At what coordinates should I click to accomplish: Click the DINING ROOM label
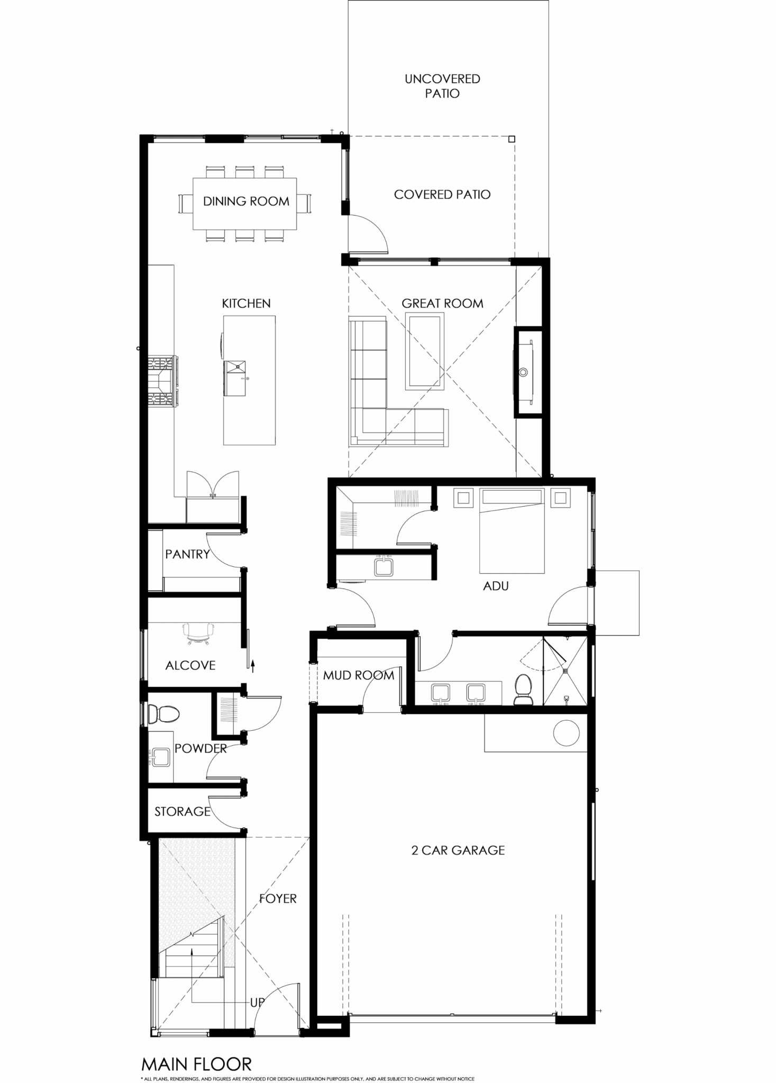pyautogui.click(x=246, y=201)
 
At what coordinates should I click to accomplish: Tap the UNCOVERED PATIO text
pyautogui.click(x=442, y=86)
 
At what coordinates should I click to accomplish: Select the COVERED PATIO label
pyautogui.click(x=442, y=195)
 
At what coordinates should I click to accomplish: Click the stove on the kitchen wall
pyautogui.click(x=163, y=381)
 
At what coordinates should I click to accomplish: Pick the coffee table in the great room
pyautogui.click(x=423, y=351)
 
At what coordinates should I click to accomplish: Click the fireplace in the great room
pyautogui.click(x=528, y=372)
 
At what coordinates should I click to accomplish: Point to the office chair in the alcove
pyautogui.click(x=199, y=634)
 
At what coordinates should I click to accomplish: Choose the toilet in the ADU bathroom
pyautogui.click(x=524, y=690)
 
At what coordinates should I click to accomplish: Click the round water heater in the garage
pyautogui.click(x=567, y=733)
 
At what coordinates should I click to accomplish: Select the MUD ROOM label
pyautogui.click(x=359, y=675)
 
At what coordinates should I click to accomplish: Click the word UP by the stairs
pyautogui.click(x=257, y=1003)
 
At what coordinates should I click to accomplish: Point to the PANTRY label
pyautogui.click(x=187, y=554)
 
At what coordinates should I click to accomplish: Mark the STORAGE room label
pyautogui.click(x=182, y=811)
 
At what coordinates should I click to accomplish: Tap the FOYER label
pyautogui.click(x=278, y=898)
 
